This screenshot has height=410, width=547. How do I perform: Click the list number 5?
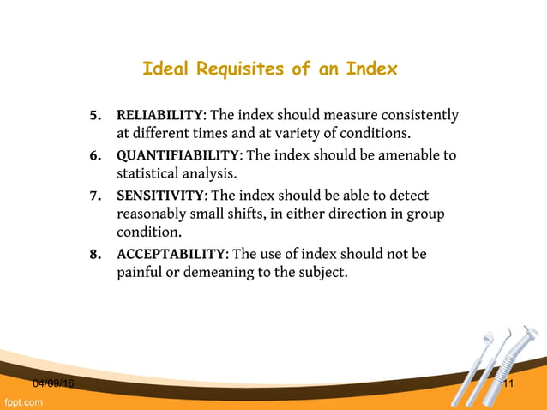(96, 115)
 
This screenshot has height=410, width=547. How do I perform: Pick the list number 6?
(96, 155)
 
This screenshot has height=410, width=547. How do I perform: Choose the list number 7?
(96, 196)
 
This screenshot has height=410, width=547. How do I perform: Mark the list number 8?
(96, 254)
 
